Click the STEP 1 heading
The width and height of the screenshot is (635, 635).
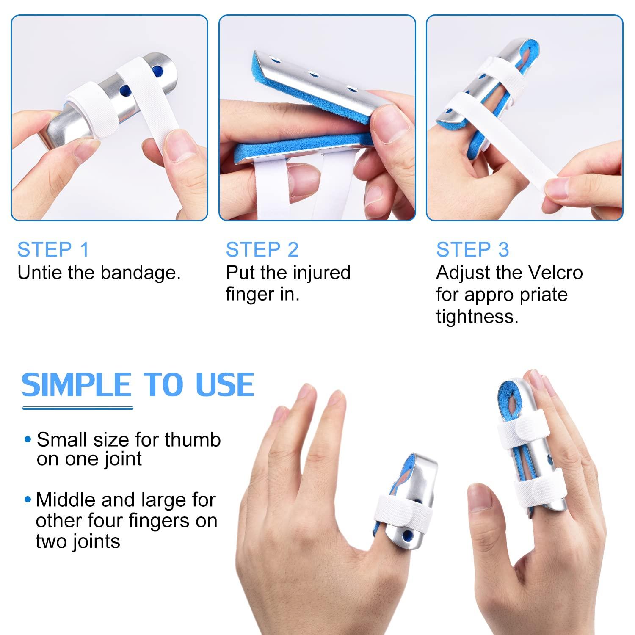point(53,250)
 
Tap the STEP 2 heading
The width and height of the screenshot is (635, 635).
point(262,250)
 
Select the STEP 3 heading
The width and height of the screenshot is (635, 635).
point(472,250)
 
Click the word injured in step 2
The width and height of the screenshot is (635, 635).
point(321,273)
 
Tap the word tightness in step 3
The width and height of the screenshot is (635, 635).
point(477,317)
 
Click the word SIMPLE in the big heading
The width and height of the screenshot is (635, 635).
point(76,385)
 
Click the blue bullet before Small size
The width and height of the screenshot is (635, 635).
point(28,440)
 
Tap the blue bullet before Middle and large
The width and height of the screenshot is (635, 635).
point(28,500)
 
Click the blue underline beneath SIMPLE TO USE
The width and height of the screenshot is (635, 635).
point(77,408)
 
